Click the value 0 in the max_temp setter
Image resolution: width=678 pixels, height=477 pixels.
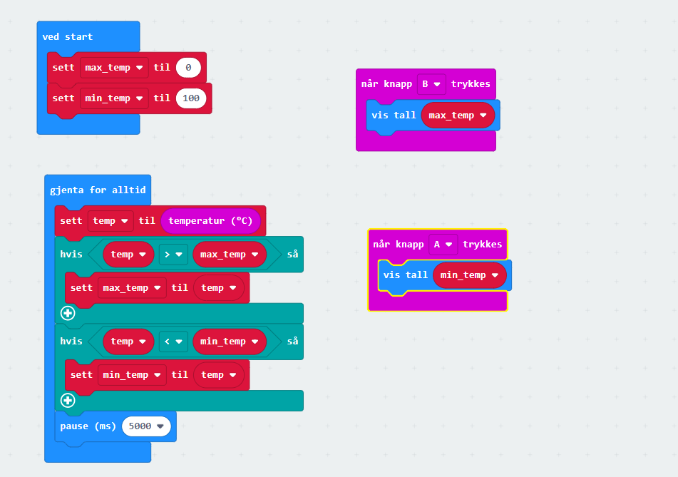[x=188, y=68]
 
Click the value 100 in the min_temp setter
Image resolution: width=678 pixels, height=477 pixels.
[x=191, y=98]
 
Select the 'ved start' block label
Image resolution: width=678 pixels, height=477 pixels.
[x=68, y=36]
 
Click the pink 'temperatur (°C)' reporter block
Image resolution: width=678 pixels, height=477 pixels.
[x=210, y=221]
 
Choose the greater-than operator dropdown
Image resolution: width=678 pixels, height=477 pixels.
[x=173, y=255]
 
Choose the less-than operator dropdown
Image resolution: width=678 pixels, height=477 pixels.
[x=173, y=342]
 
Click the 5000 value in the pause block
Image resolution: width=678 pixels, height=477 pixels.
[x=147, y=426]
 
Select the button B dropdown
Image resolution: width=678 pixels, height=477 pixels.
[x=431, y=84]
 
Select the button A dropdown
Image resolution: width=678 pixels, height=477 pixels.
[x=443, y=245]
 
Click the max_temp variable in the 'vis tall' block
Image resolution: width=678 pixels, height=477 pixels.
[x=458, y=115]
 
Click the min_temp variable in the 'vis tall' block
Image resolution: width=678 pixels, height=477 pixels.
[x=469, y=275]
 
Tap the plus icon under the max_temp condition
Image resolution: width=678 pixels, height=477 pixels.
[x=68, y=313]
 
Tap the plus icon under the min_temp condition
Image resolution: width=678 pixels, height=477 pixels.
[x=68, y=400]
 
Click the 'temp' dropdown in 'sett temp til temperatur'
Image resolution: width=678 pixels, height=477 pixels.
[x=111, y=221]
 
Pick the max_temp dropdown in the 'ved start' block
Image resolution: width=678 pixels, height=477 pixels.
[x=114, y=68]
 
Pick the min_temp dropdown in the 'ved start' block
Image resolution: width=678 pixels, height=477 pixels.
[x=114, y=98]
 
